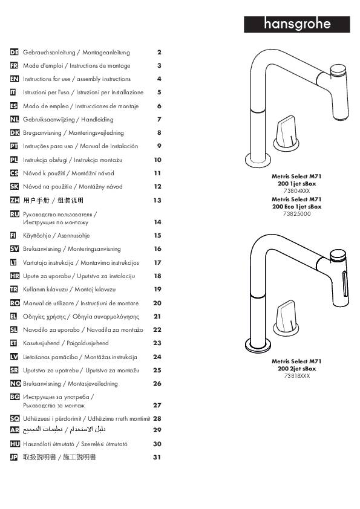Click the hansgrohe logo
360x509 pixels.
click(296, 24)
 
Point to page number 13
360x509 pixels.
click(157, 200)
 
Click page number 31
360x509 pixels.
click(157, 458)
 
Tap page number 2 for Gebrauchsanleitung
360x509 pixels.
click(159, 53)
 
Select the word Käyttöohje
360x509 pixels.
click(37, 236)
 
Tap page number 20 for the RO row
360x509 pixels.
click(157, 303)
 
